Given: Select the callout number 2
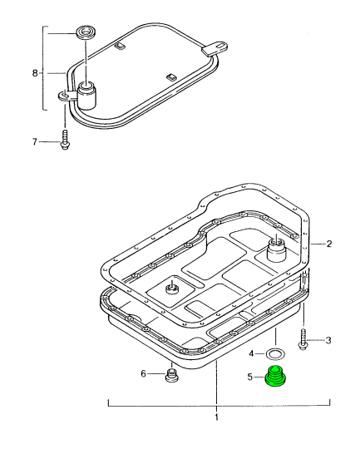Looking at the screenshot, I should [329, 244].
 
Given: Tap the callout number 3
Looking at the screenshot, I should [328, 340].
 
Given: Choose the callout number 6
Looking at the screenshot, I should [143, 374].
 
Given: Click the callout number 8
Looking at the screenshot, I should [36, 73].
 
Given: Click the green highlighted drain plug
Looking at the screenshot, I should [275, 378].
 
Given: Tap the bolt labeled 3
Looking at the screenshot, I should [305, 338].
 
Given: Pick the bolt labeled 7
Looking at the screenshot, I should [64, 139].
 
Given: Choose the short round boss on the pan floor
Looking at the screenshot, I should [172, 289].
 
